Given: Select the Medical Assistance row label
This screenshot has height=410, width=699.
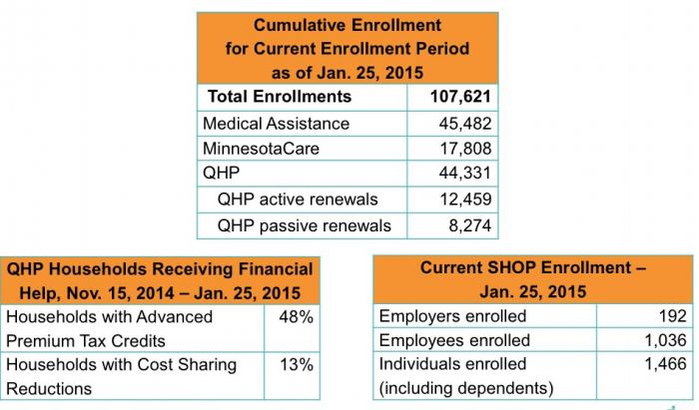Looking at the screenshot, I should [x=276, y=124].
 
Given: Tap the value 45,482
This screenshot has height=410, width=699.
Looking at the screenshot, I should [x=463, y=124].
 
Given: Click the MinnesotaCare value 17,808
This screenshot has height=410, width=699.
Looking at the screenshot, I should [x=463, y=149].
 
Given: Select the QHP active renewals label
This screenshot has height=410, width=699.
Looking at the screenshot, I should [x=296, y=200].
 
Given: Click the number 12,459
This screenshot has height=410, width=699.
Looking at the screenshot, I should [x=463, y=200].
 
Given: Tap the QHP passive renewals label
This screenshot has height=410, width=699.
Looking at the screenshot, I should [x=304, y=225].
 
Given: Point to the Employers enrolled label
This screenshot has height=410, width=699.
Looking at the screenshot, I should [x=452, y=317].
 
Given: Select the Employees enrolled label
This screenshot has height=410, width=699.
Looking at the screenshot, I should [x=454, y=341].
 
